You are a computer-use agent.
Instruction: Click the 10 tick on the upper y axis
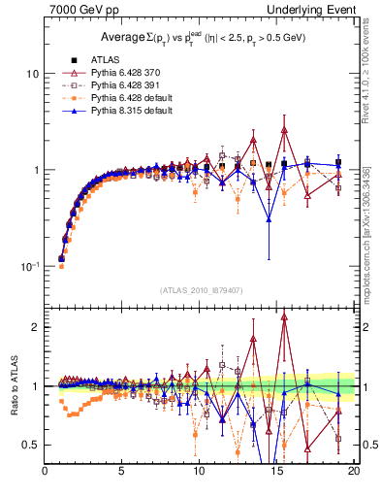31,74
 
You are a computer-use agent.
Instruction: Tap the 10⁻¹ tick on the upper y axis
29,265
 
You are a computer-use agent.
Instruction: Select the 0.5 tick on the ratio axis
30,445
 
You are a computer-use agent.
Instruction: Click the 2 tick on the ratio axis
35,327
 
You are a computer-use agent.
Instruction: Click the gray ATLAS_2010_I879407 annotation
200,288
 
